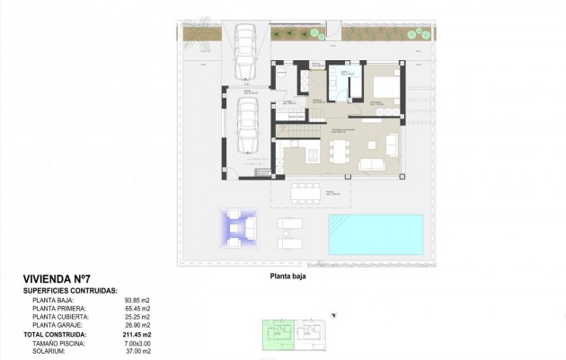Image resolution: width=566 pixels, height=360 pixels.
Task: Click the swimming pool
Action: coord(375,233)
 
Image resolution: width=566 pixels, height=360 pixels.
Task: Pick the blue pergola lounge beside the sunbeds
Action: coord(238,228)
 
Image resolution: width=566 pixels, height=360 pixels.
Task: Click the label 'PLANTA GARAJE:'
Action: coord(61,325)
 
